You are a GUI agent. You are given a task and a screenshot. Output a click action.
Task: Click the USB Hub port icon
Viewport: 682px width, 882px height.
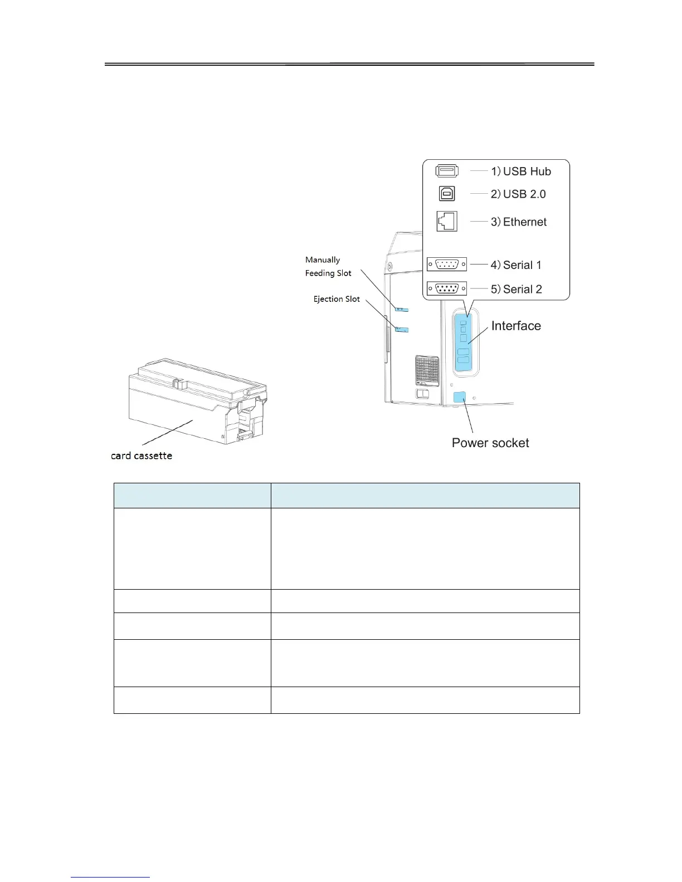pyautogui.click(x=447, y=171)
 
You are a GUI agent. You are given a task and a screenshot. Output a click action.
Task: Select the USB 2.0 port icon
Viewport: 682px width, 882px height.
pyautogui.click(x=447, y=193)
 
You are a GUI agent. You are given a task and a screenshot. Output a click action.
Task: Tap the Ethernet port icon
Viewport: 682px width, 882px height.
pyautogui.click(x=447, y=221)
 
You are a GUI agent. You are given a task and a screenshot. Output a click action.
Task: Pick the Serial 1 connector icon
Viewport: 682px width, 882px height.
pyautogui.click(x=446, y=264)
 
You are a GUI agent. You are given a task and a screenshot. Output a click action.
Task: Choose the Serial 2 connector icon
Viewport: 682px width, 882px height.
pyautogui.click(x=446, y=288)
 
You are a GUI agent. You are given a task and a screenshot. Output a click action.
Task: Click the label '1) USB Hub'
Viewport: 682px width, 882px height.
pyautogui.click(x=520, y=171)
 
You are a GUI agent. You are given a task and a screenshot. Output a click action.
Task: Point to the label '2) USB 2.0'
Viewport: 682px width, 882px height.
pyautogui.click(x=518, y=194)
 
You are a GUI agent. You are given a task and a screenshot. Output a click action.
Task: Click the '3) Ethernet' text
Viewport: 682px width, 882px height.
pyautogui.click(x=518, y=222)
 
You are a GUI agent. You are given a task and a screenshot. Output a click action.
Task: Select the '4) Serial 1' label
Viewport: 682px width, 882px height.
pyautogui.click(x=516, y=265)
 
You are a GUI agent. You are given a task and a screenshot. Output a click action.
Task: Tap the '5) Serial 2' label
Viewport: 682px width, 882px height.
pyautogui.click(x=516, y=290)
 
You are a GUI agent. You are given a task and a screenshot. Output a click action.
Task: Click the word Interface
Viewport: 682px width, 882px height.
pyautogui.click(x=516, y=326)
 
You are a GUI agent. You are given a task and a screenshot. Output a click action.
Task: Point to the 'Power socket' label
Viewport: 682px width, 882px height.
pyautogui.click(x=490, y=443)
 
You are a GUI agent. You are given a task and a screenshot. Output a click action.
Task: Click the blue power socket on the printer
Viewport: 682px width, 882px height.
pyautogui.click(x=460, y=398)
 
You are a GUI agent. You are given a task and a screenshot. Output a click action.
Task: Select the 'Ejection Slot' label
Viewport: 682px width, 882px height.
pyautogui.click(x=337, y=299)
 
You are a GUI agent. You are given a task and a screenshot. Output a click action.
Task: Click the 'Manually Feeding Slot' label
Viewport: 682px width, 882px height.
pyautogui.click(x=328, y=267)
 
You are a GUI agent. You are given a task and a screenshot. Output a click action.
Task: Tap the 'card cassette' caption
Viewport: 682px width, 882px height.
pyautogui.click(x=142, y=455)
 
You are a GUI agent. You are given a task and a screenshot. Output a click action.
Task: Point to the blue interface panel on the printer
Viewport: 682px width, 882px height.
pyautogui.click(x=464, y=342)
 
